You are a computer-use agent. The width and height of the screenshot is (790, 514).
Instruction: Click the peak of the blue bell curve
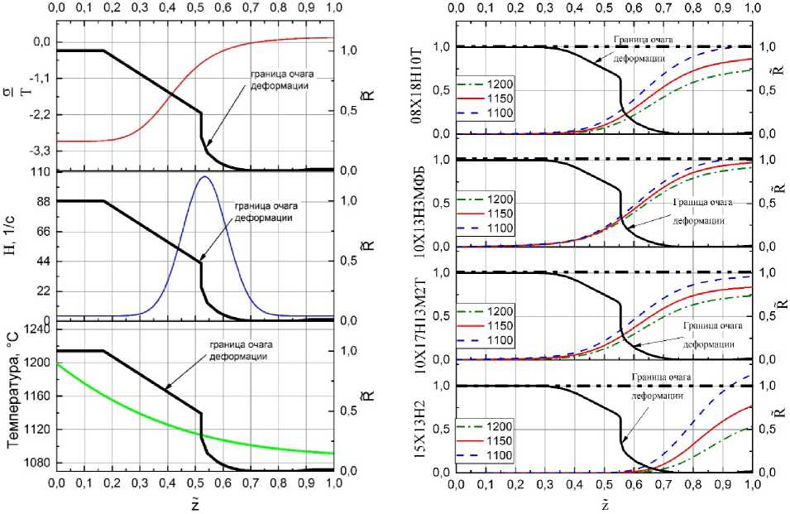(203, 176)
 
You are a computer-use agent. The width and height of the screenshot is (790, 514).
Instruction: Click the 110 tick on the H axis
(38, 172)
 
